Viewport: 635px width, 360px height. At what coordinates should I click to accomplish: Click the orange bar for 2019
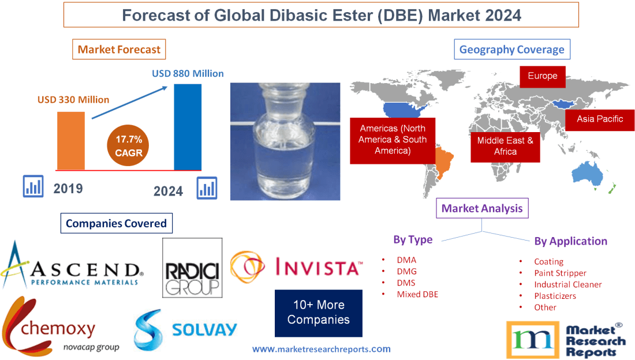70,140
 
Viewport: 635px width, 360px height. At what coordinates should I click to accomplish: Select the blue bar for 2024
188,126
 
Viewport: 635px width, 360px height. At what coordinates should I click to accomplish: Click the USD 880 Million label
188,74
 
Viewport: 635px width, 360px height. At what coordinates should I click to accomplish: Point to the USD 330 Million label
73,100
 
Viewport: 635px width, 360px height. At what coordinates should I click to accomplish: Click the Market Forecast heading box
119,50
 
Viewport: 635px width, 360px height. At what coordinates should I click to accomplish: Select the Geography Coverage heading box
512,50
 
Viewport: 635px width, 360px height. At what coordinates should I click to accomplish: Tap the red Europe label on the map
542,76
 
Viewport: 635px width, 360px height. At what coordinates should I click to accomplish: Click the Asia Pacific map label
599,119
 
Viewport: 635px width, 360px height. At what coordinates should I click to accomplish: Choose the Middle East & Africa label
505,146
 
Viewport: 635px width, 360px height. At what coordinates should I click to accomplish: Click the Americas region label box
393,140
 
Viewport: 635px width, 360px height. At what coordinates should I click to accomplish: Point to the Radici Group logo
192,267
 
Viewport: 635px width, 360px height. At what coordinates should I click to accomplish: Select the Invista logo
297,267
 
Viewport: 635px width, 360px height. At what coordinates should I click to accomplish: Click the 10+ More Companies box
319,312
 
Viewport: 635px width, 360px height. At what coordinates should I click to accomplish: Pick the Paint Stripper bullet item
559,273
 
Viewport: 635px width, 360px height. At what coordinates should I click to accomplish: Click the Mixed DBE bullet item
417,294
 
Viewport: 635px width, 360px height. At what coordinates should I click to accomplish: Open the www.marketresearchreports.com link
321,349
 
